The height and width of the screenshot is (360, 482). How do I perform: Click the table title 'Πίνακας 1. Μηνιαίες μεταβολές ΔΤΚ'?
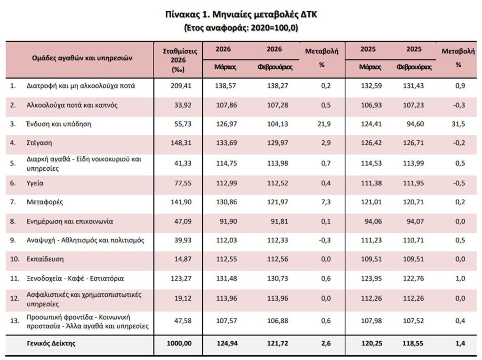(241, 15)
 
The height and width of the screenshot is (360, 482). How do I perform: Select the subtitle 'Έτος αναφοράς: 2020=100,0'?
(241, 27)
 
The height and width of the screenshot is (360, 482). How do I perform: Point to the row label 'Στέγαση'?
(39, 143)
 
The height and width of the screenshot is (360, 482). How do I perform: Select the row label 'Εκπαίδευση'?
(45, 259)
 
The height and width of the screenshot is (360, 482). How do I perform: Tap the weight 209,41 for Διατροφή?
(181, 86)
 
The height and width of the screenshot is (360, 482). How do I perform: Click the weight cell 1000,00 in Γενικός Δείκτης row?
(179, 344)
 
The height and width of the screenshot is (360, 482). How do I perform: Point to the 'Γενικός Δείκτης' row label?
(51, 344)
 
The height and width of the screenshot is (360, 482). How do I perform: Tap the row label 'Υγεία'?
(35, 183)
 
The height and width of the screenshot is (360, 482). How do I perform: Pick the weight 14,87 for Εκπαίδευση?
(183, 259)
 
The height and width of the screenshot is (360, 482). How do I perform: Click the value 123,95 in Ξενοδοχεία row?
(370, 278)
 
